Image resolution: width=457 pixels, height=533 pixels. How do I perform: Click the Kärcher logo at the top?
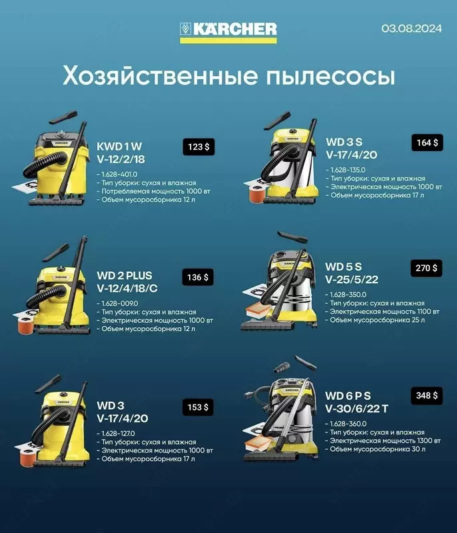228,29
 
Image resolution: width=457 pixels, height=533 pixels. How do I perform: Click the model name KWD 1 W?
121,145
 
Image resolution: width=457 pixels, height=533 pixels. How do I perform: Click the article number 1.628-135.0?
348,170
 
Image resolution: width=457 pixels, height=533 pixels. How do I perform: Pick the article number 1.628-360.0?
348,423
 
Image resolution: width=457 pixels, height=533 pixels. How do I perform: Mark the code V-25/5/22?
351,280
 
